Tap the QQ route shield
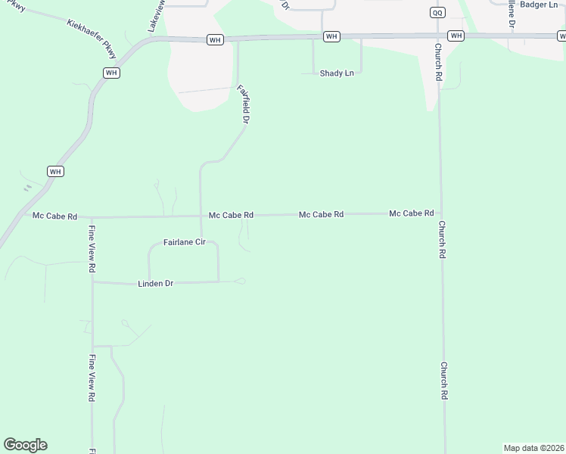pos(437,12)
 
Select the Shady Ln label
pos(337,73)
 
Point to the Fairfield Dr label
pos(243,104)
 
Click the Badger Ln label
pos(539,5)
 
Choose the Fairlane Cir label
pos(185,242)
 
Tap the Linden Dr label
pos(156,284)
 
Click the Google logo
pos(25,444)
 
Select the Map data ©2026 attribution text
pos(533,448)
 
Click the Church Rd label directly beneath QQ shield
pos(438,62)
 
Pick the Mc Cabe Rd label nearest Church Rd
pos(411,213)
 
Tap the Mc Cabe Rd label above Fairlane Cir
pos(231,216)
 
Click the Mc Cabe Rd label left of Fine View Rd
pos(54,216)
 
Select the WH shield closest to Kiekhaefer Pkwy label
pos(111,73)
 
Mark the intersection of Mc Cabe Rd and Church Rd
pos(441,213)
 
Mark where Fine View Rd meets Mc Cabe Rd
pos(92,217)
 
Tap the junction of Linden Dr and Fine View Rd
pos(92,282)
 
